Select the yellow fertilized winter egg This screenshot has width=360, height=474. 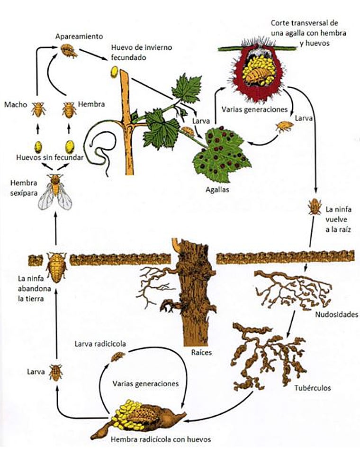(x=114, y=72)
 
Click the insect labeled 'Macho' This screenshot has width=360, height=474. (x=38, y=110)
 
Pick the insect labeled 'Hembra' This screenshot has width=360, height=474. (x=69, y=110)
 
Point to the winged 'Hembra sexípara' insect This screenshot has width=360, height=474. (x=56, y=191)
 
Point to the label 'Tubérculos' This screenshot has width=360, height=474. (x=313, y=388)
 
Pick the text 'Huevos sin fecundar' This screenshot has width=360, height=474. (x=56, y=158)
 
